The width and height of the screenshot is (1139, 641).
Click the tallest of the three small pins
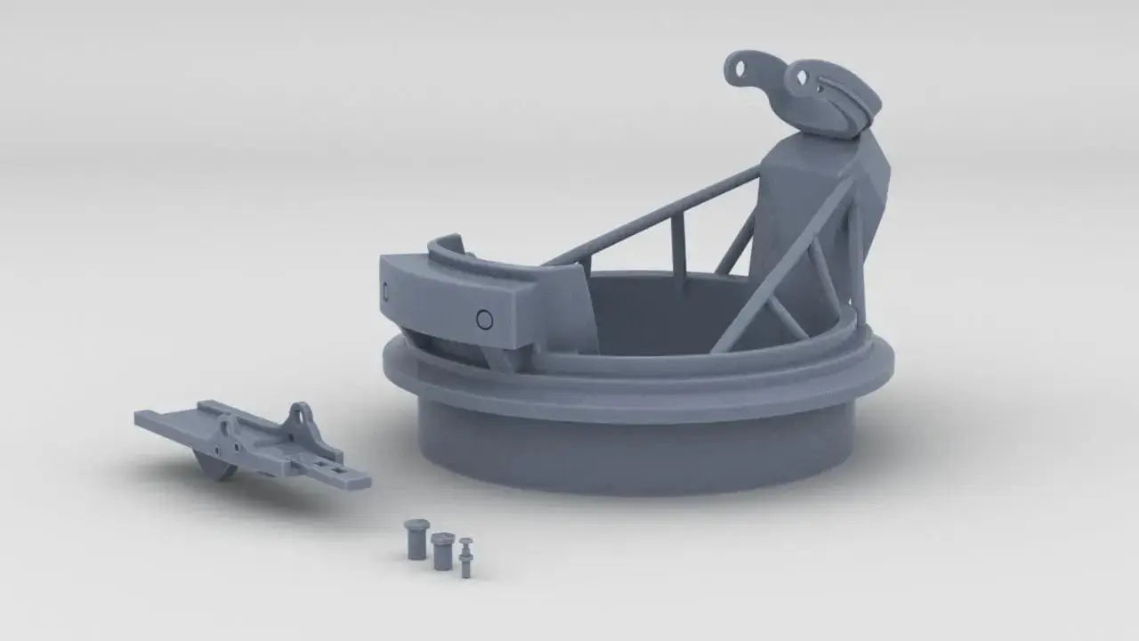point(416,539)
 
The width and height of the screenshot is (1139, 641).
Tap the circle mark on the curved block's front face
point(484,320)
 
